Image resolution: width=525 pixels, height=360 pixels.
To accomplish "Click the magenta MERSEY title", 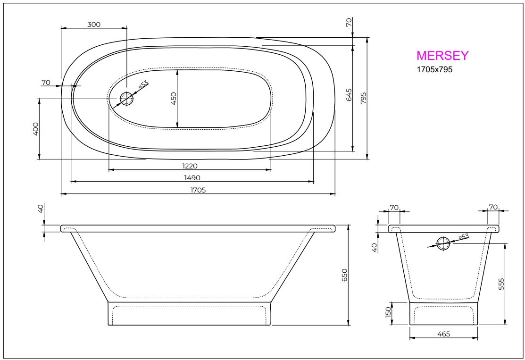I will tap(442, 56).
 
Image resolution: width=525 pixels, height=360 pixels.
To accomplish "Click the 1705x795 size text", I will tap(434, 69).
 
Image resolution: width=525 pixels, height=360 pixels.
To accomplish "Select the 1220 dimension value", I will tap(189, 166).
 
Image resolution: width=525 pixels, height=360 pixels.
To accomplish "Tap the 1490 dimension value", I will tap(192, 177).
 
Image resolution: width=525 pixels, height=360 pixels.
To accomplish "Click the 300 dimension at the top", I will tap(94, 25).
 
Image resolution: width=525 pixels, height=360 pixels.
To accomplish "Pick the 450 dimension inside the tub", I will tap(173, 99).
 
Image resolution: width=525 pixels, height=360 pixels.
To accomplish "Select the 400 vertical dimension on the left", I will tap(35, 128).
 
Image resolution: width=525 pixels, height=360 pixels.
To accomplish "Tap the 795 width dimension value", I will tap(363, 98).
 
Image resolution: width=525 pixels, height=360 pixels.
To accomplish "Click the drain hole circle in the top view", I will tap(126, 99).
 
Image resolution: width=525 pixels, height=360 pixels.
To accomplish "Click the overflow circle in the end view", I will tap(443, 243).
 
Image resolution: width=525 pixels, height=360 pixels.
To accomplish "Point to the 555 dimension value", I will tap(501, 284).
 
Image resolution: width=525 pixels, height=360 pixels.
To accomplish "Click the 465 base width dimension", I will tap(443, 334).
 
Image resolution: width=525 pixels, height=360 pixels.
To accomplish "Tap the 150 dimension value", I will tap(389, 313).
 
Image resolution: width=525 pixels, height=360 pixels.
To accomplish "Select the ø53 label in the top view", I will tap(143, 85).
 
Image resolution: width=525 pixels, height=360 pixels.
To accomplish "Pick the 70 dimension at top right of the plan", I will tap(349, 23).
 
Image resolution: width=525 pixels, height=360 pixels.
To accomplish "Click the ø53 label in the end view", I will tap(463, 236).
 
